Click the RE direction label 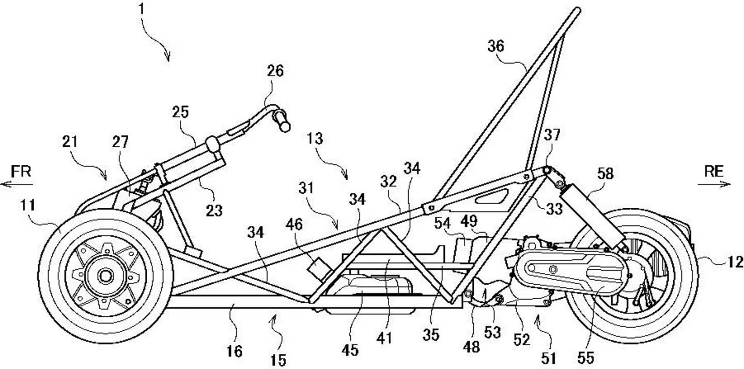715,172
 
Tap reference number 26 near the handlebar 275,71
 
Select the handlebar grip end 284,122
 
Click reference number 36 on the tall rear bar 495,47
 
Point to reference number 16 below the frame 234,351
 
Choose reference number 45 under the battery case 350,350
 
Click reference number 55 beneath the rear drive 586,357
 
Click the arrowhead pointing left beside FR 3,183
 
